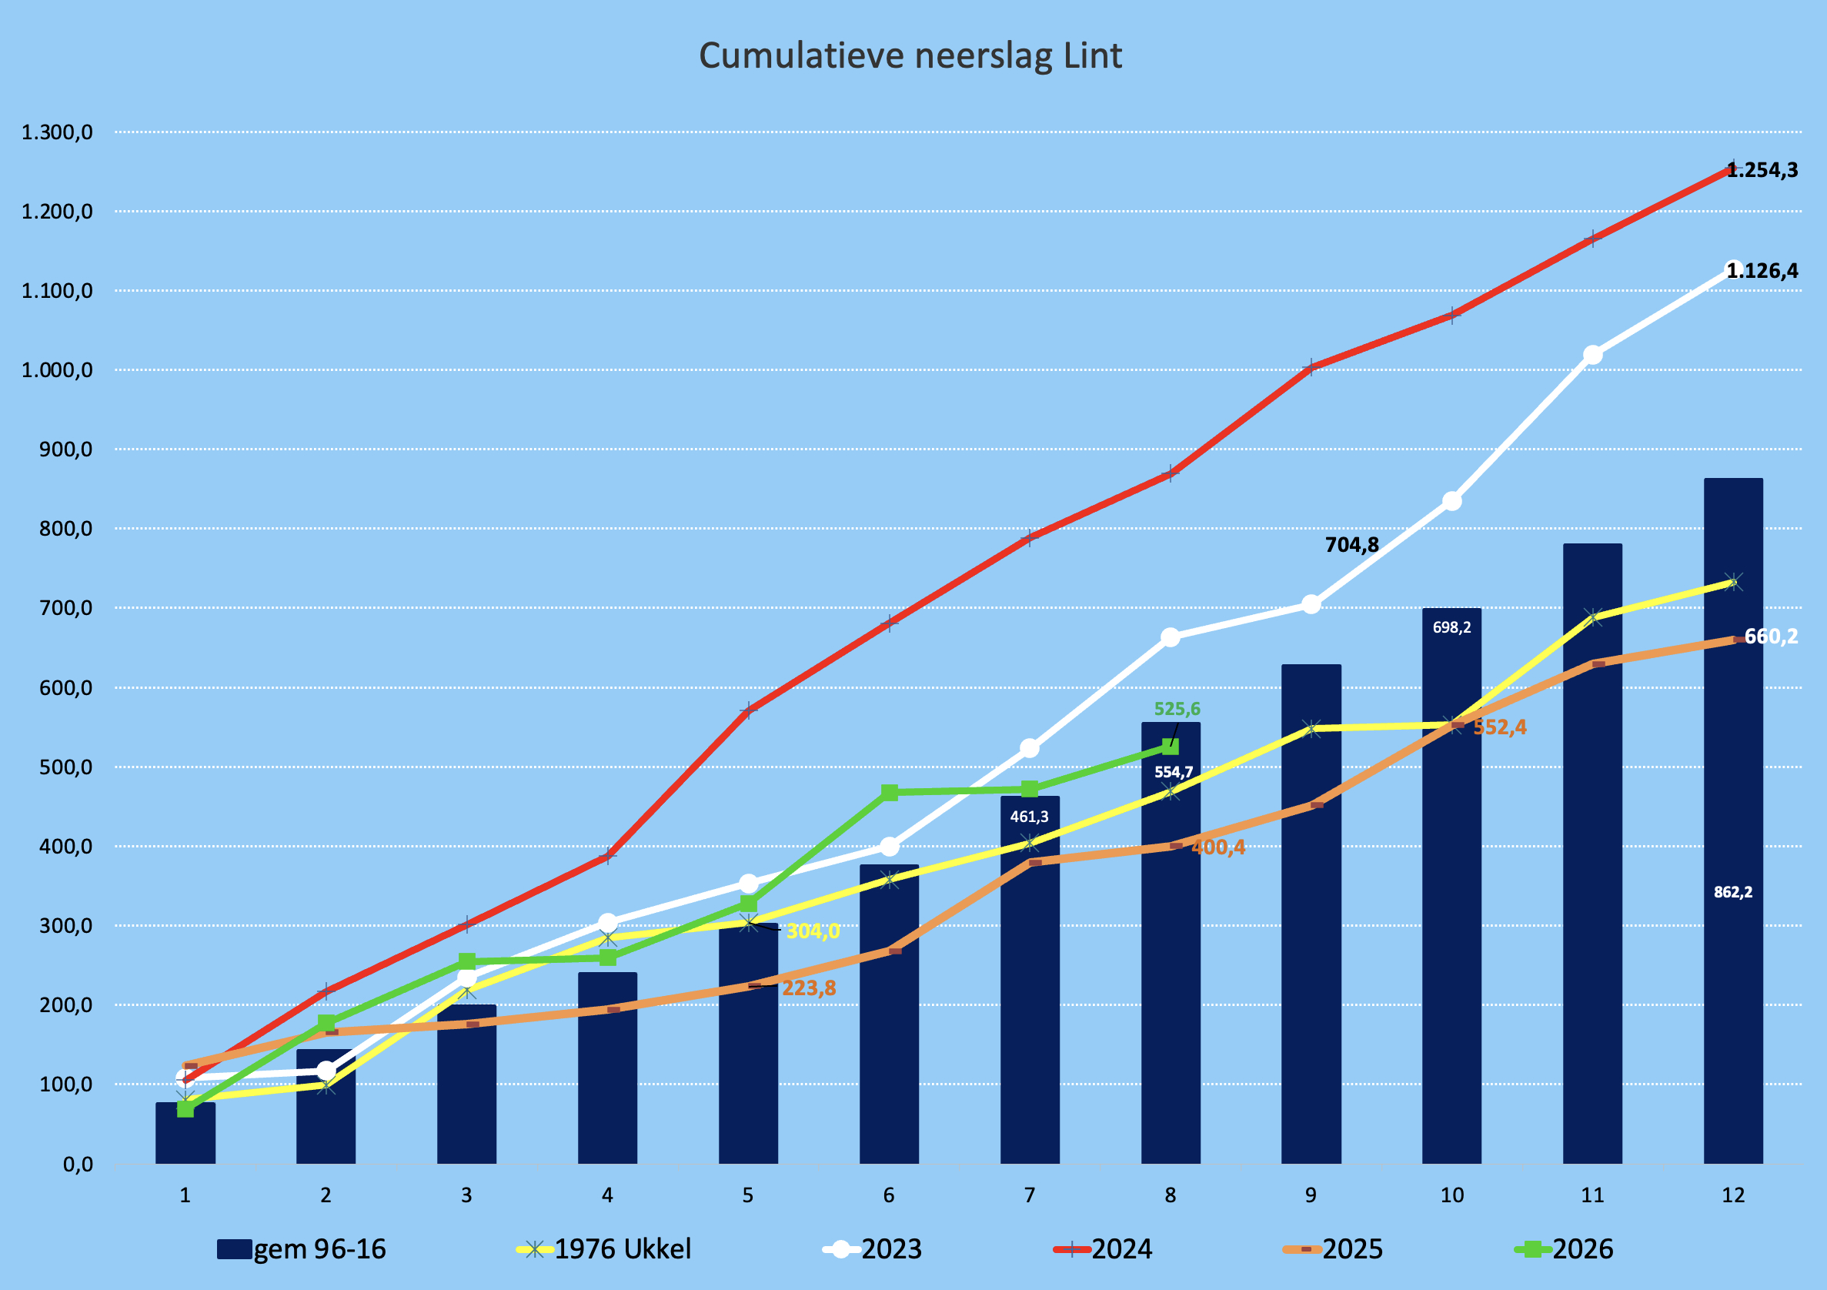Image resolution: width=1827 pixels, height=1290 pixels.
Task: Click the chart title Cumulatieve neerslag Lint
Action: pos(910,56)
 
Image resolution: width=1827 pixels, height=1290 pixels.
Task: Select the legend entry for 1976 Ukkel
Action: pos(604,1248)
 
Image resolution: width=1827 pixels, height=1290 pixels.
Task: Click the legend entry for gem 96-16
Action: pos(302,1248)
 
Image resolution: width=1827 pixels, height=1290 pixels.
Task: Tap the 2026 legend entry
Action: pos(1565,1248)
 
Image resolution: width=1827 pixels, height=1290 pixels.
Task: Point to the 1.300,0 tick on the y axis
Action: pos(57,132)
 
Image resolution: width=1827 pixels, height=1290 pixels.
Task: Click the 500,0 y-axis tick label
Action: pos(66,767)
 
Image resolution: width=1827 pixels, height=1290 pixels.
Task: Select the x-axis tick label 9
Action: pos(1311,1195)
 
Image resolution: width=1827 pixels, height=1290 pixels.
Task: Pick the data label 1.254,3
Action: pos(1762,170)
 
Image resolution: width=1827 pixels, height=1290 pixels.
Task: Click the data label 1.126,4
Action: pos(1762,272)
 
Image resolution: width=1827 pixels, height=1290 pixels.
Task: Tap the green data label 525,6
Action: pos(1177,708)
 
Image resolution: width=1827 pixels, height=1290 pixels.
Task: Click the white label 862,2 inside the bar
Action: pos(1733,892)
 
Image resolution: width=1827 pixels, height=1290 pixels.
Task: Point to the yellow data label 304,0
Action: pos(813,931)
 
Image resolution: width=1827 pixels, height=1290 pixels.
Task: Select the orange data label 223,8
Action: pos(809,988)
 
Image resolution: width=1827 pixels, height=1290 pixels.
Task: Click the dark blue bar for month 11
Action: pos(1592,853)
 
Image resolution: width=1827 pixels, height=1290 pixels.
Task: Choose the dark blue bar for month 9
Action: pos(1311,914)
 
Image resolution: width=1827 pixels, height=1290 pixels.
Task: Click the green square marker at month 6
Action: pos(890,792)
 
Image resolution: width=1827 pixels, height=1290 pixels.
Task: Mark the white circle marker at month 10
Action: pos(1451,501)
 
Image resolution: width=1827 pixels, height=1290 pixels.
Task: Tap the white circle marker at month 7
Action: pos(1030,748)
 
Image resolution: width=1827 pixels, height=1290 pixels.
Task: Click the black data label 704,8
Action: pos(1352,545)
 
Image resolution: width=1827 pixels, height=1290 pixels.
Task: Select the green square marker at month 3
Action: pos(467,961)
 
